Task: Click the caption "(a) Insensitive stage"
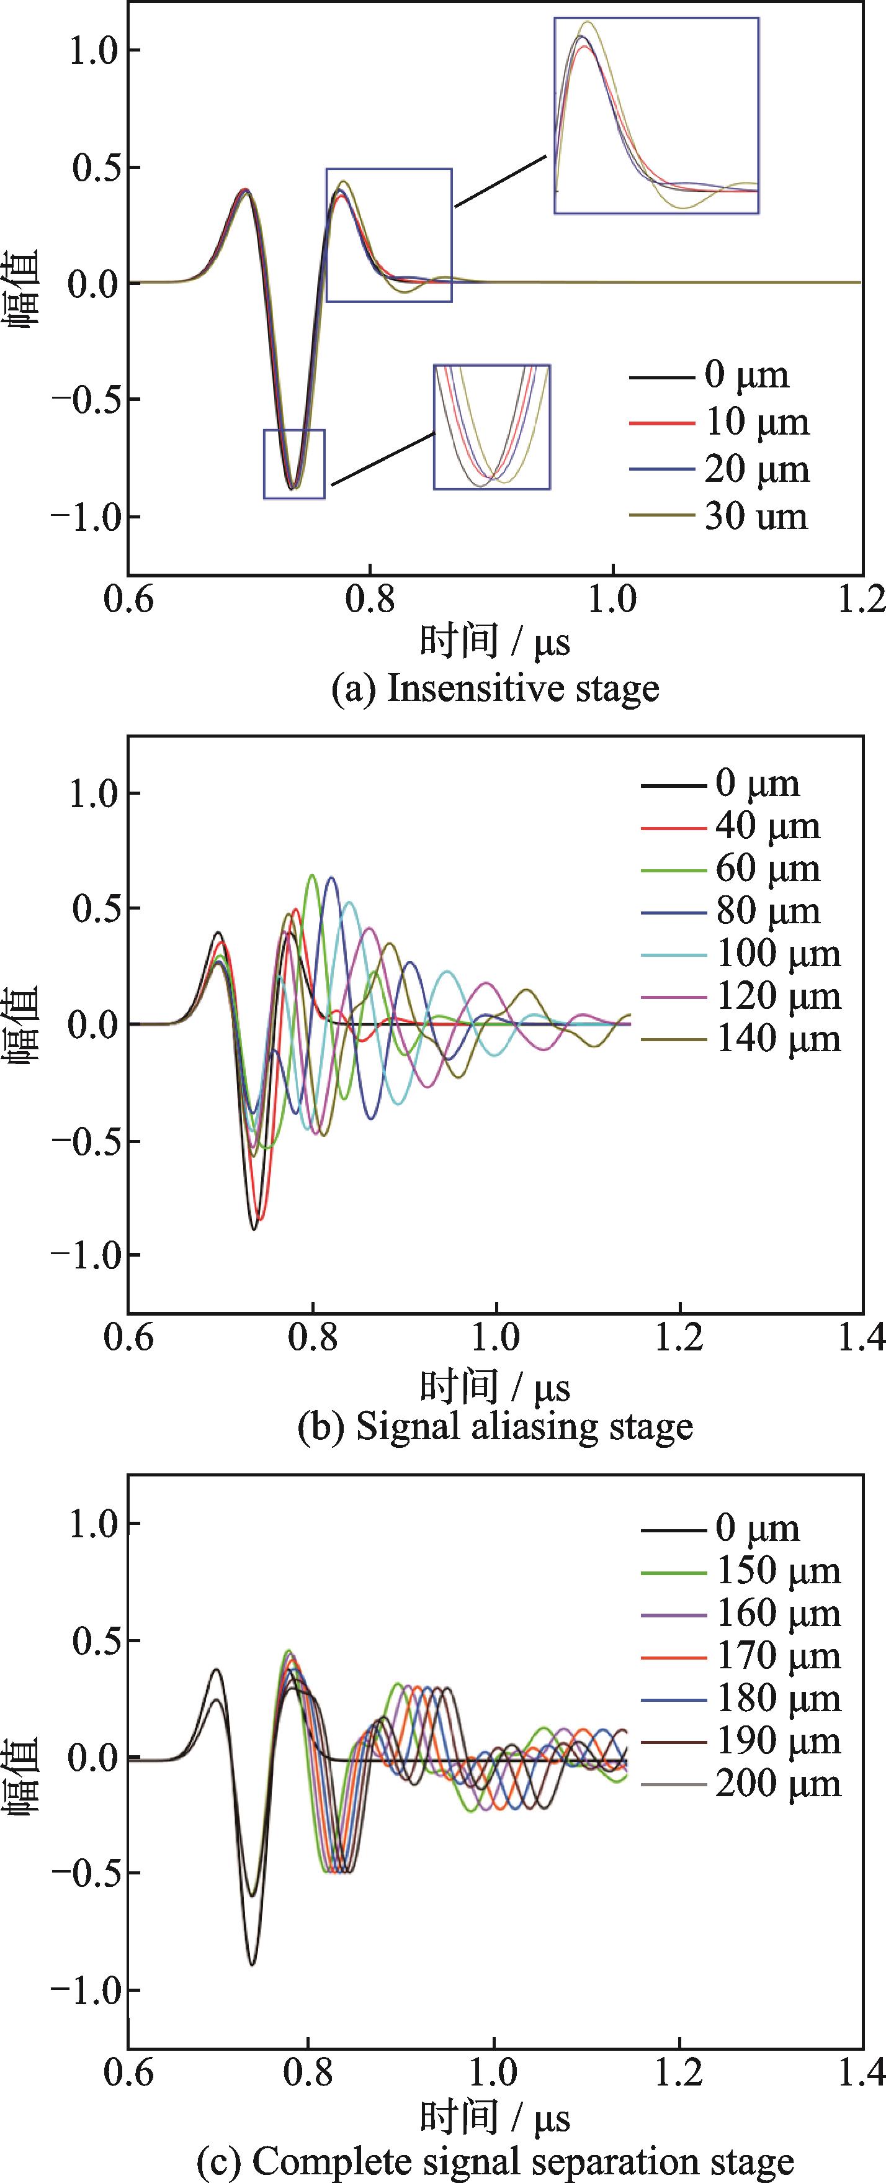tap(494, 689)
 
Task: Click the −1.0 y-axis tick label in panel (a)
tap(85, 516)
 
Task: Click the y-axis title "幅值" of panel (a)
tap(25, 288)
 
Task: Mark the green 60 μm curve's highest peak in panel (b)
tap(313, 875)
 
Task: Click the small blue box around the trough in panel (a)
tap(294, 464)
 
